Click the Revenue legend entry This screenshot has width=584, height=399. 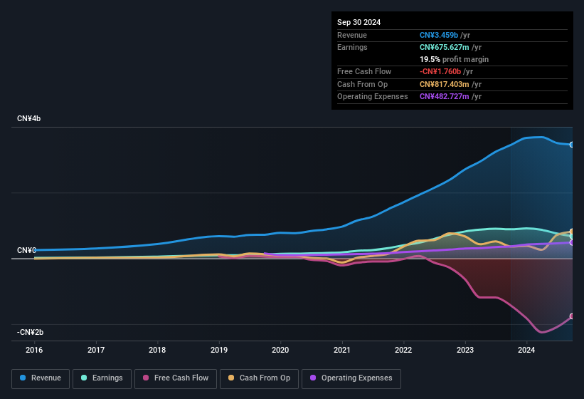[x=41, y=378]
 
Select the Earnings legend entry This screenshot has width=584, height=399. [x=102, y=378]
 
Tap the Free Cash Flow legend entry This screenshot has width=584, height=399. [x=175, y=378]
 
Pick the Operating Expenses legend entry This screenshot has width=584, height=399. [x=351, y=378]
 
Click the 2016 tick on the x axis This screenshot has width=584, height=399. [x=34, y=350]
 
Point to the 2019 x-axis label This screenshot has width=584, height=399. [x=219, y=350]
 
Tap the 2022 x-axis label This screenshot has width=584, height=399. [x=403, y=350]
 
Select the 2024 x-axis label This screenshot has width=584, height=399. [x=526, y=350]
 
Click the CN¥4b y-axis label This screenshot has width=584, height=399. [x=29, y=118]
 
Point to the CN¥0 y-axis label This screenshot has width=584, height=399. [x=26, y=251]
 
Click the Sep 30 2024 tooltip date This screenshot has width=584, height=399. [x=359, y=22]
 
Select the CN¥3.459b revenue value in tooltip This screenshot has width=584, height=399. [x=439, y=35]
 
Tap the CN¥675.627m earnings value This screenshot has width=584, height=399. [x=445, y=47]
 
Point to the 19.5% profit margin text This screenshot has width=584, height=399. [x=454, y=59]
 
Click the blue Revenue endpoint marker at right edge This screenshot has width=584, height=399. [x=572, y=145]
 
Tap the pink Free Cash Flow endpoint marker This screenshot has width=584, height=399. [x=572, y=316]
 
